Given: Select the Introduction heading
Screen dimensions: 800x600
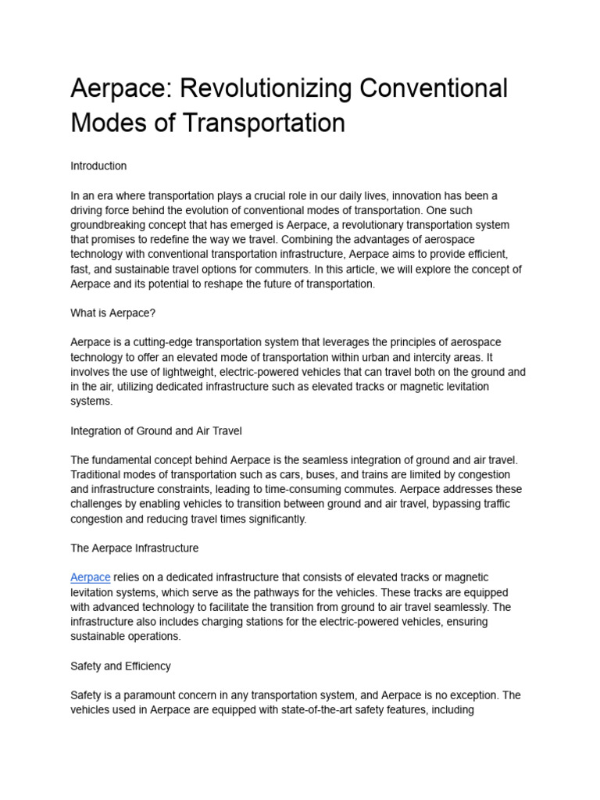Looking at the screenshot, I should pos(98,166).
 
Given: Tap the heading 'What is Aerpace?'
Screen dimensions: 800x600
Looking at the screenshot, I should pos(113,313).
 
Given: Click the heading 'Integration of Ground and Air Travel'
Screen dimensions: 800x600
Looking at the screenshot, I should pos(156,430).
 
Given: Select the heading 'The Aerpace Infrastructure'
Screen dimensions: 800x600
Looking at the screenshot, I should pos(134,548).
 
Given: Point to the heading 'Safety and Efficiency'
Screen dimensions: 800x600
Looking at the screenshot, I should pos(120,666).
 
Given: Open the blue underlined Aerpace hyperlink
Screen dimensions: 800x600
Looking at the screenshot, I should pos(90,577).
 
